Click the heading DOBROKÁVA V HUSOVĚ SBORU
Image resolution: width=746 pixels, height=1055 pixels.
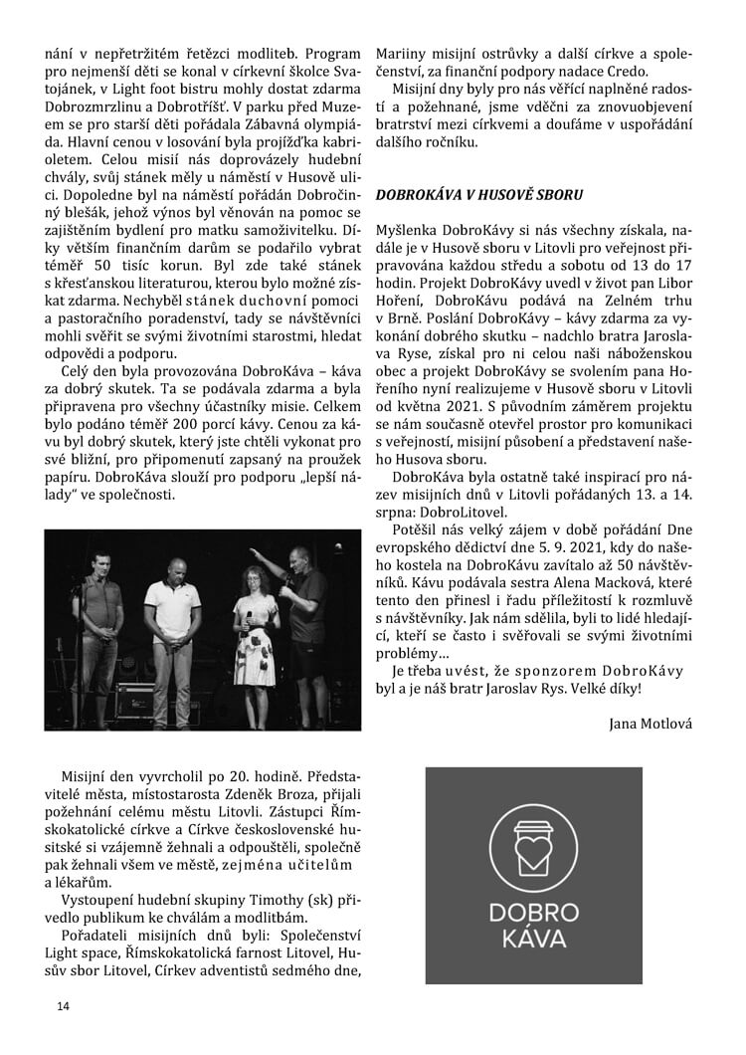478,195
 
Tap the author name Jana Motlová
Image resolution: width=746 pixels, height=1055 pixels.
650,724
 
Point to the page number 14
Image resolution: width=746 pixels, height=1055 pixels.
64,1006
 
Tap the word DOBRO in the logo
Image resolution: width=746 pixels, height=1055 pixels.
533,913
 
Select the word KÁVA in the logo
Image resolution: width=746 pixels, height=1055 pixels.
533,940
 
